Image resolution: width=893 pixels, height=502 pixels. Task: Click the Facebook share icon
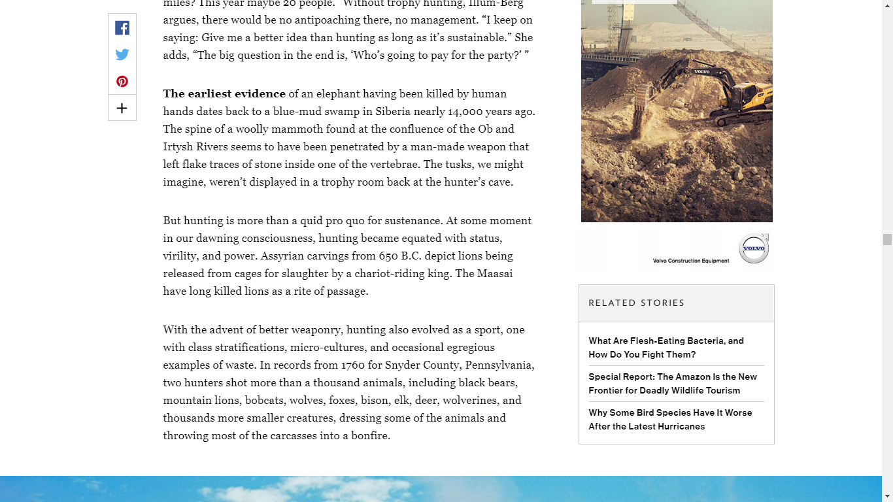[122, 28]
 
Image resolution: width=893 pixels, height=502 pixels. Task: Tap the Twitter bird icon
[122, 55]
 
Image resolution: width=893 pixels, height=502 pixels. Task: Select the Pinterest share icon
[122, 82]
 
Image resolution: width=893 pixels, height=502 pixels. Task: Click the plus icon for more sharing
[122, 109]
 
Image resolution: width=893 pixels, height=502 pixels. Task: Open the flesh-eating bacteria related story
[666, 348]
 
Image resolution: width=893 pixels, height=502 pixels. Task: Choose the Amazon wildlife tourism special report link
[672, 384]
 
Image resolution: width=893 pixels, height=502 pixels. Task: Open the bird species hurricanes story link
[669, 420]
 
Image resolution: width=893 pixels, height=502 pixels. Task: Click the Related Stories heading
[636, 303]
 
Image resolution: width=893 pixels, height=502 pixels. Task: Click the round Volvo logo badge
[754, 249]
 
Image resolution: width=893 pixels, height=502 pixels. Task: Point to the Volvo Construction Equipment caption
[690, 261]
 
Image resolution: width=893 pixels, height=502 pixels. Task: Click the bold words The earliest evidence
[224, 93]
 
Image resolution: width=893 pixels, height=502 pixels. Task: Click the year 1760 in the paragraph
[354, 365]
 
